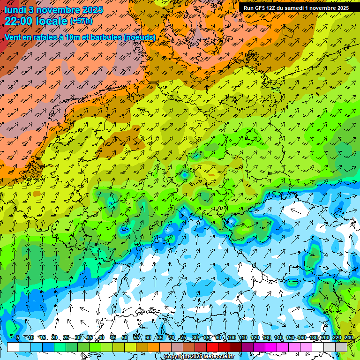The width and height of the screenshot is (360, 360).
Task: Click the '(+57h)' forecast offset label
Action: [x=81, y=21]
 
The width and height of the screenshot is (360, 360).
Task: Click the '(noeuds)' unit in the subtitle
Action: [x=141, y=37]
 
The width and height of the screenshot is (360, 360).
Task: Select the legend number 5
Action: [x=17, y=337]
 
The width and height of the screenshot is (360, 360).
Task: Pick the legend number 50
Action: [x=124, y=337]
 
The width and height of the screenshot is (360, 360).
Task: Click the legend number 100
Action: [x=231, y=337]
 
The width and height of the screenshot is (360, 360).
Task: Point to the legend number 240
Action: [x=349, y=337]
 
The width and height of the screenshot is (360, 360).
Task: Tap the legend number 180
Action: [x=314, y=337]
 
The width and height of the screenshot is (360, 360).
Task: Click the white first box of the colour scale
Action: [x=13, y=347]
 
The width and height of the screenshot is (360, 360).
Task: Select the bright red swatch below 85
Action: [x=212, y=347]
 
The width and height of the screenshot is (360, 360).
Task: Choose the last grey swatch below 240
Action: [x=341, y=347]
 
